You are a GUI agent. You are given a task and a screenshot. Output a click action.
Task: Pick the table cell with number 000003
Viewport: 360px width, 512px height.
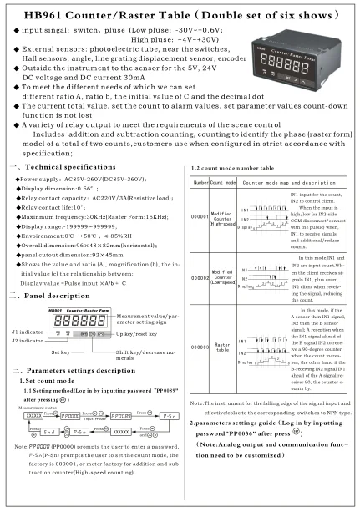click(x=200, y=342)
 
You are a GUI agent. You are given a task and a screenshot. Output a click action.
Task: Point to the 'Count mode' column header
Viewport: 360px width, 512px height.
click(x=224, y=181)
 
